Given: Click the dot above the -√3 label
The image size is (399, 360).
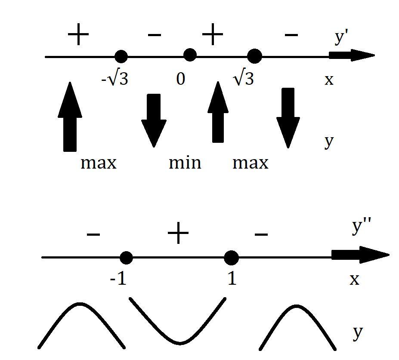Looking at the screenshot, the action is click(x=121, y=56).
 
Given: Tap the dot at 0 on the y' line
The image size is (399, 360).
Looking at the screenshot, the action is click(x=190, y=55).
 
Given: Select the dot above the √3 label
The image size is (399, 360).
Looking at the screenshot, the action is click(x=254, y=56).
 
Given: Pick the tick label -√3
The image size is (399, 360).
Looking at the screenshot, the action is click(x=115, y=79).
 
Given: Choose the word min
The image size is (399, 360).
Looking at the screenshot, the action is click(x=185, y=163).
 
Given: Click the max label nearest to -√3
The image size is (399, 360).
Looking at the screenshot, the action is click(x=99, y=163).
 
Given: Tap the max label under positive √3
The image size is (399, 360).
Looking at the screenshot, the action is click(x=251, y=163).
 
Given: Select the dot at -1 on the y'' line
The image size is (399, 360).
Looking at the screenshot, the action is click(x=126, y=258).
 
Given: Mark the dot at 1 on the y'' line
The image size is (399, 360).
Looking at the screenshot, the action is click(x=232, y=258).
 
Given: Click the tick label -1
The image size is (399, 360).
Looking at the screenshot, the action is click(x=118, y=279).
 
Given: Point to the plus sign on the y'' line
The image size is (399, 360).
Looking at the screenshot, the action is click(x=178, y=234).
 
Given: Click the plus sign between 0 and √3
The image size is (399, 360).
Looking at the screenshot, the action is click(x=213, y=35).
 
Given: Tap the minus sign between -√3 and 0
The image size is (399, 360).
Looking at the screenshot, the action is click(x=154, y=35).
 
